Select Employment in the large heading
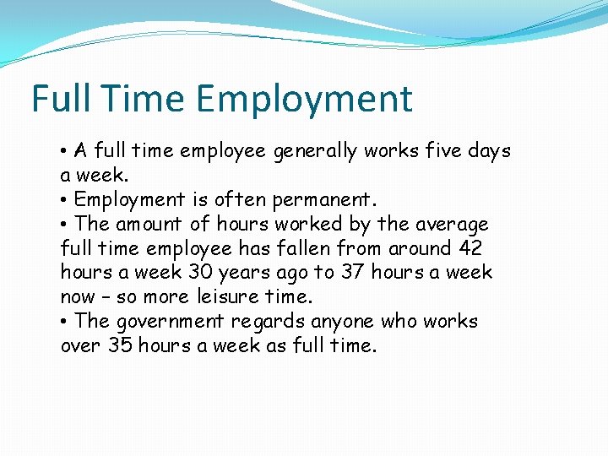(306, 99)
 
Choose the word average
(454, 225)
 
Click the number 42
(470, 249)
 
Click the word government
(170, 322)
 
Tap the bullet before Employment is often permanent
(65, 201)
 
